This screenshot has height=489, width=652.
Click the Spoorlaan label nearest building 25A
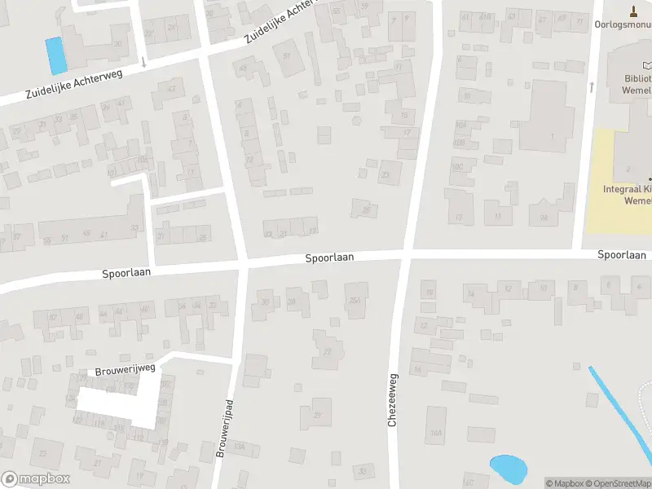(329, 258)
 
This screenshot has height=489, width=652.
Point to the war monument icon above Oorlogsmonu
(634, 11)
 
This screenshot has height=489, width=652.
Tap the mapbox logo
(35, 479)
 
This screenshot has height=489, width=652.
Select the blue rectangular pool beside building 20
(55, 55)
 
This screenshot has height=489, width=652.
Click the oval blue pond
(508, 468)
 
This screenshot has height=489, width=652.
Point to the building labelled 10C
(460, 167)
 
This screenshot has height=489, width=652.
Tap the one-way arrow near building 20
(143, 61)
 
